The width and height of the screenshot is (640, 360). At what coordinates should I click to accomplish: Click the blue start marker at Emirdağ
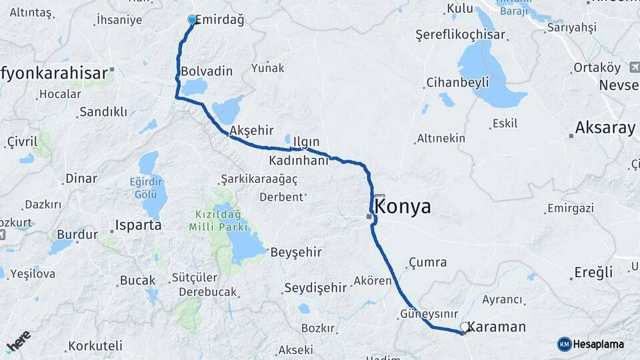point(192,20)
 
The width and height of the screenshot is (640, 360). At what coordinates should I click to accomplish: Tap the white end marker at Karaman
point(464,327)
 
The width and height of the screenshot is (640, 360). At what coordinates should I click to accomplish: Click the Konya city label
point(403,207)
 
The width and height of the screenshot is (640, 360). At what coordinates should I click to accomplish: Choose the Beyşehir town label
point(296,252)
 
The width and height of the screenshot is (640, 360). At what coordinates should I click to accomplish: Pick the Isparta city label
point(139,225)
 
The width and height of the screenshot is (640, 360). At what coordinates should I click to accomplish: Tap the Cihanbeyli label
point(457,83)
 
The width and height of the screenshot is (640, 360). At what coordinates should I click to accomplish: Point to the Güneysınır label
point(428,313)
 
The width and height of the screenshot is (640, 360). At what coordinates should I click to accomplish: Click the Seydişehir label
point(315,288)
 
